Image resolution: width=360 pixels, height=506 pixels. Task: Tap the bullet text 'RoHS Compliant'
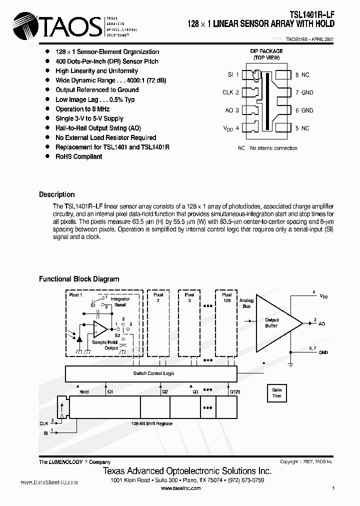pyautogui.click(x=78, y=156)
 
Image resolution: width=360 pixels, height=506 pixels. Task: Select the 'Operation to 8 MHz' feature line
pyautogui.click(x=82, y=109)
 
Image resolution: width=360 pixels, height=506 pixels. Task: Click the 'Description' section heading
pyautogui.click(x=57, y=194)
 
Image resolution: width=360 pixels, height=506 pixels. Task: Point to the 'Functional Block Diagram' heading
pyautogui.click(x=79, y=279)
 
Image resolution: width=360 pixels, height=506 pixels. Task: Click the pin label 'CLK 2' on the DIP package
pyautogui.click(x=230, y=92)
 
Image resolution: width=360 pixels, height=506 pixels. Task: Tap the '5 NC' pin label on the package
pyautogui.click(x=302, y=128)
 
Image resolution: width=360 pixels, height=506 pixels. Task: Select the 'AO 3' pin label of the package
pyautogui.click(x=231, y=110)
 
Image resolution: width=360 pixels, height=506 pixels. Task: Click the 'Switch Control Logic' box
pyautogui.click(x=153, y=373)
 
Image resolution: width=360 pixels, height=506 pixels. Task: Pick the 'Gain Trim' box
pyautogui.click(x=276, y=392)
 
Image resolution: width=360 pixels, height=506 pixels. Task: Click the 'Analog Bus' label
pyautogui.click(x=246, y=303)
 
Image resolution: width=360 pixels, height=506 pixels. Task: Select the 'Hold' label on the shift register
pyautogui.click(x=84, y=391)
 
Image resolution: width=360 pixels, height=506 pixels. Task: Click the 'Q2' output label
pyautogui.click(x=164, y=391)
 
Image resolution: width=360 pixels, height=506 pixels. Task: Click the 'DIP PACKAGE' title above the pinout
pyautogui.click(x=266, y=51)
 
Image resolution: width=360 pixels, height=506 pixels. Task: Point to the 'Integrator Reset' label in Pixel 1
pyautogui.click(x=119, y=302)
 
